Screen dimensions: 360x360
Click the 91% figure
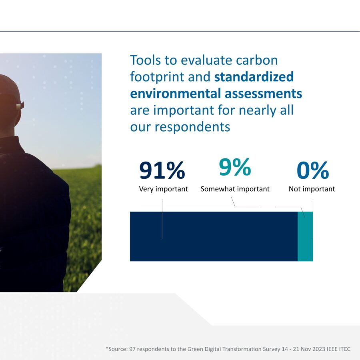pyautogui.click(x=162, y=170)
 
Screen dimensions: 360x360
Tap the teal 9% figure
pyautogui.click(x=235, y=167)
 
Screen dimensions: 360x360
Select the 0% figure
pyautogui.click(x=313, y=170)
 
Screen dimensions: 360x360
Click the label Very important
pyautogui.click(x=163, y=189)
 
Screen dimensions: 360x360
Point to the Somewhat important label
pyautogui.click(x=235, y=189)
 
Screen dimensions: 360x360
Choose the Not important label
pyautogui.click(x=312, y=189)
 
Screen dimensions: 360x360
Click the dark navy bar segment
pyautogui.click(x=214, y=236)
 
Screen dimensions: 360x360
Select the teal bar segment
pyautogui.click(x=305, y=236)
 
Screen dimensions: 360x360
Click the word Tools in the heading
pyautogui.click(x=145, y=60)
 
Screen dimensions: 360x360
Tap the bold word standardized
pyautogui.click(x=254, y=77)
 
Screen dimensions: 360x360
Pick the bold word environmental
pyautogui.click(x=176, y=94)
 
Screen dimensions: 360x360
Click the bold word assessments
pyautogui.click(x=263, y=94)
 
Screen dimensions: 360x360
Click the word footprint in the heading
pyautogui.click(x=157, y=77)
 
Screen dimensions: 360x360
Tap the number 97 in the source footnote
pyautogui.click(x=132, y=349)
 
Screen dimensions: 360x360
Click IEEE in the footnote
pyautogui.click(x=331, y=349)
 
